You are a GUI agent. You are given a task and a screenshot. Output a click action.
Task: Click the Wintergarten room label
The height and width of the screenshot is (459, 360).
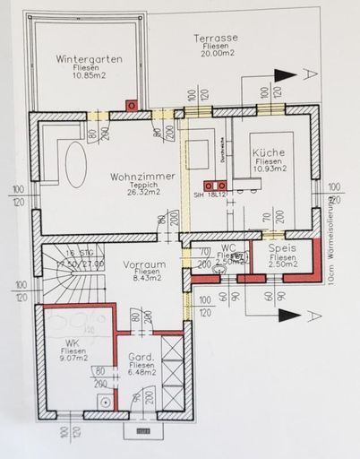pyautogui.click(x=89, y=59)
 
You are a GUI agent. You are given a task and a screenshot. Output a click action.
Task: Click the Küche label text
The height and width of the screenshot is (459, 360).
pyautogui.click(x=269, y=152)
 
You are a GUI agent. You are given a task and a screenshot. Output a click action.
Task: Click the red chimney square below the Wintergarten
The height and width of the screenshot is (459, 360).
pyautogui.click(x=132, y=105)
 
